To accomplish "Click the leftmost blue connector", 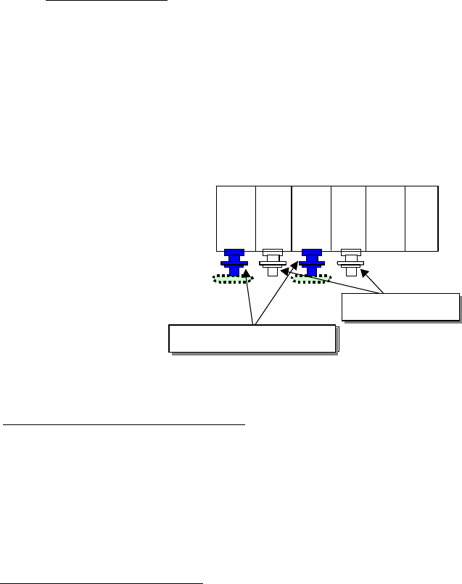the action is (235, 263).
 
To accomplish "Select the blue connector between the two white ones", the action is (312, 263).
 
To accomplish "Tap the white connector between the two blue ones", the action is (272, 263).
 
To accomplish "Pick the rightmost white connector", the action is (351, 263).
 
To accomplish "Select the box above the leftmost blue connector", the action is (236, 218).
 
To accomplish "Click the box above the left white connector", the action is (273, 218).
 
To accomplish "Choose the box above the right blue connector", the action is (311, 218).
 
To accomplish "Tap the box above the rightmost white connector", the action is (348, 218).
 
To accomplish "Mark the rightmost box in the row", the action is (421, 218).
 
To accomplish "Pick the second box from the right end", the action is (385, 218).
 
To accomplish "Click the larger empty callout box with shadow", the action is (252, 338).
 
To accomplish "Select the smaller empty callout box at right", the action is (400, 306).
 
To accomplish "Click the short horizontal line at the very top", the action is (106, 1).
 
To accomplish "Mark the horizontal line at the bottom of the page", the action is (102, 583).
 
